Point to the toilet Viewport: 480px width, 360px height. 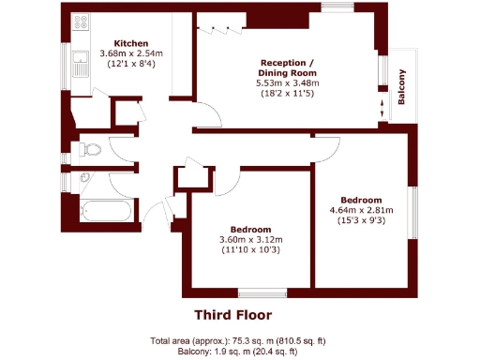click(91, 148)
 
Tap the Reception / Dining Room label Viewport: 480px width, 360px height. click(287, 67)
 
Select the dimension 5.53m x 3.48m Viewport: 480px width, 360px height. click(287, 83)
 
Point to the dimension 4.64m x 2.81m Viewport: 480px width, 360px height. click(361, 210)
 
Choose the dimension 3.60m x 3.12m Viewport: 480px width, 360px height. click(251, 240)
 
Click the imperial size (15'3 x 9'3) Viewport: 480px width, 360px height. click(361, 220)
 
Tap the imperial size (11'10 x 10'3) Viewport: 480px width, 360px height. click(251, 250)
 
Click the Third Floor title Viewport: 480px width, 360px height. click(233, 315)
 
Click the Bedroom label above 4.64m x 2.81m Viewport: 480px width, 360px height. click(361, 200)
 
